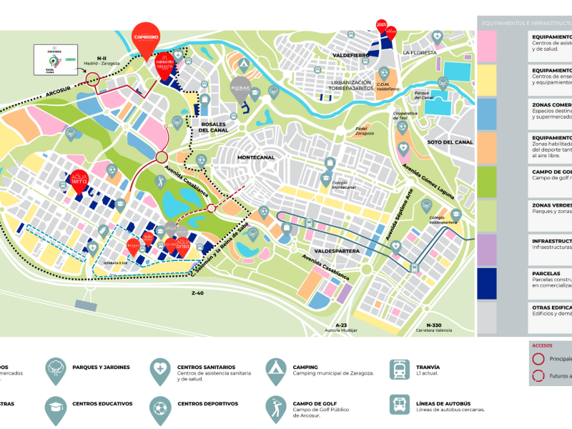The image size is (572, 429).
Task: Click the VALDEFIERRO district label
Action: point(350,55)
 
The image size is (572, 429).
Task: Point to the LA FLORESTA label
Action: point(419,53)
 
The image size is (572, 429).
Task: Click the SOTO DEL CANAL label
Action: point(450,142)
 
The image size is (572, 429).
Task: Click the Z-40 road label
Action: point(197,293)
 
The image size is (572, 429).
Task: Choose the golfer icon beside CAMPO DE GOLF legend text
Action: point(275,408)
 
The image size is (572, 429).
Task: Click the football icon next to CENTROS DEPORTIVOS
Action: point(160,408)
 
